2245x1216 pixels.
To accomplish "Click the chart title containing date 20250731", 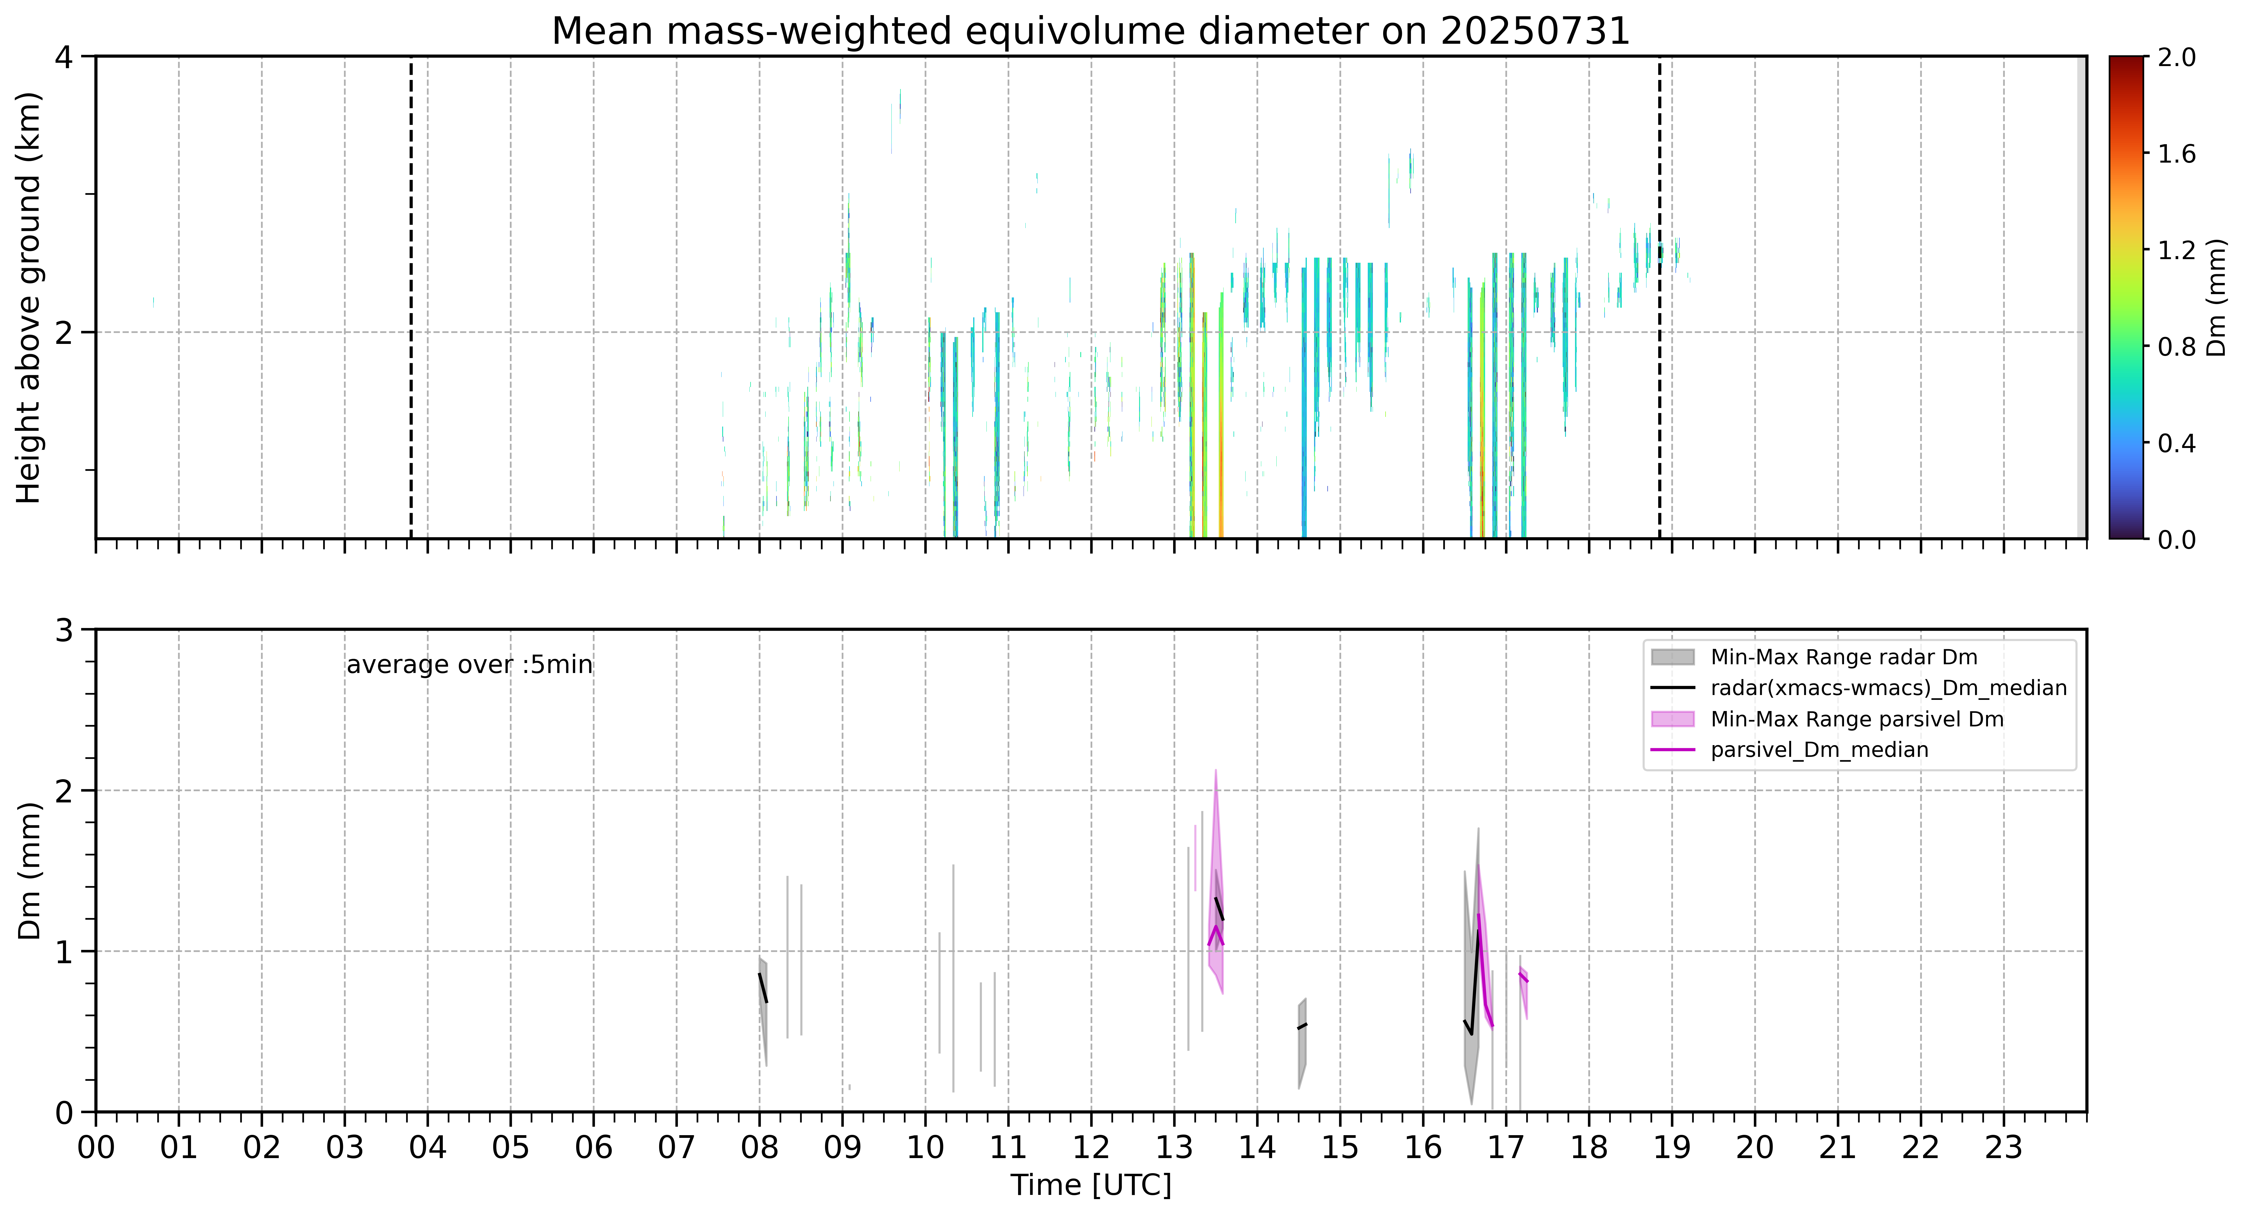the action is click(1090, 31).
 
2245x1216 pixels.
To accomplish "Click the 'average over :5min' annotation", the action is click(469, 665).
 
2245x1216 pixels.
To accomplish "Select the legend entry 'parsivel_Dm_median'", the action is click(1820, 750).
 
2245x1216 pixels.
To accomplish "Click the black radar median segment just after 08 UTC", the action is click(763, 988).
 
